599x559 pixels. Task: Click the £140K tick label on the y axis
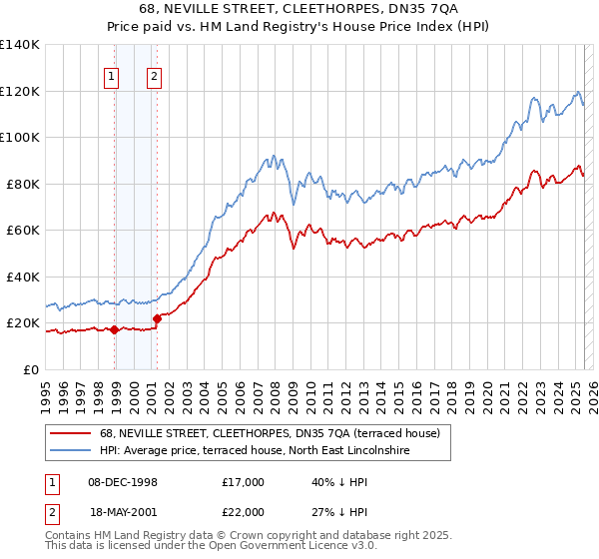(20, 45)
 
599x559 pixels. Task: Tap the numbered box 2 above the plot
(155, 76)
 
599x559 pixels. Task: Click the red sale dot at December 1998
(115, 329)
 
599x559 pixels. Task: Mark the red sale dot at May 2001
(158, 318)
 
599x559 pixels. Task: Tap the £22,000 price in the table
(244, 512)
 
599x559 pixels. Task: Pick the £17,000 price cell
(244, 482)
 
